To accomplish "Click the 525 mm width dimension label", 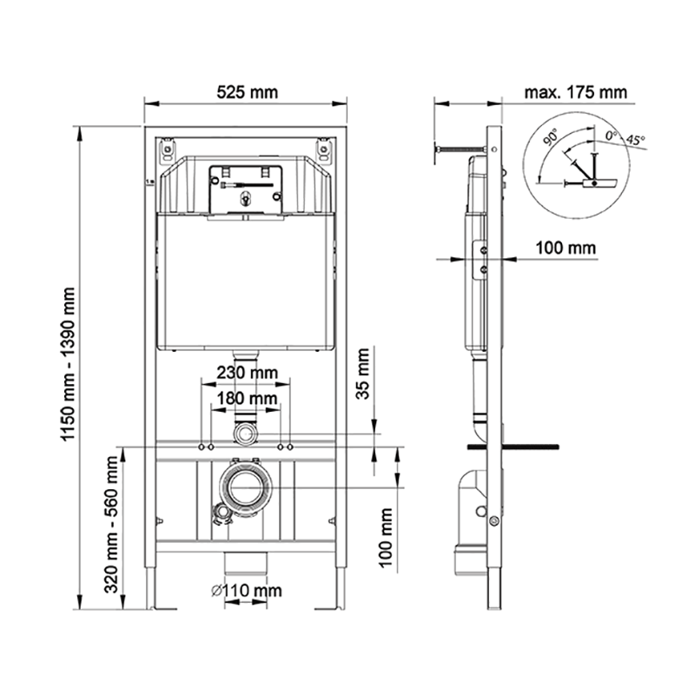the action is pos(247,92).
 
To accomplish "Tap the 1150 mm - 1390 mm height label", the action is pos(69,364).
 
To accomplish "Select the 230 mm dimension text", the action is pos(247,373).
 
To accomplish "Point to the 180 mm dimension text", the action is pos(247,399).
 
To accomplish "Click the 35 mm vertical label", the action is pos(363,374).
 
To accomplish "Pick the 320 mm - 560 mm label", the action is pos(111,525).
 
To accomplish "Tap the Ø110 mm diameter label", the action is pos(246,591).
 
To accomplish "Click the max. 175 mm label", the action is pos(576,92).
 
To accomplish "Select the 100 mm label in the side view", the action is pos(566,248).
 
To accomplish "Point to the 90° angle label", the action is pos(551,137).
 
